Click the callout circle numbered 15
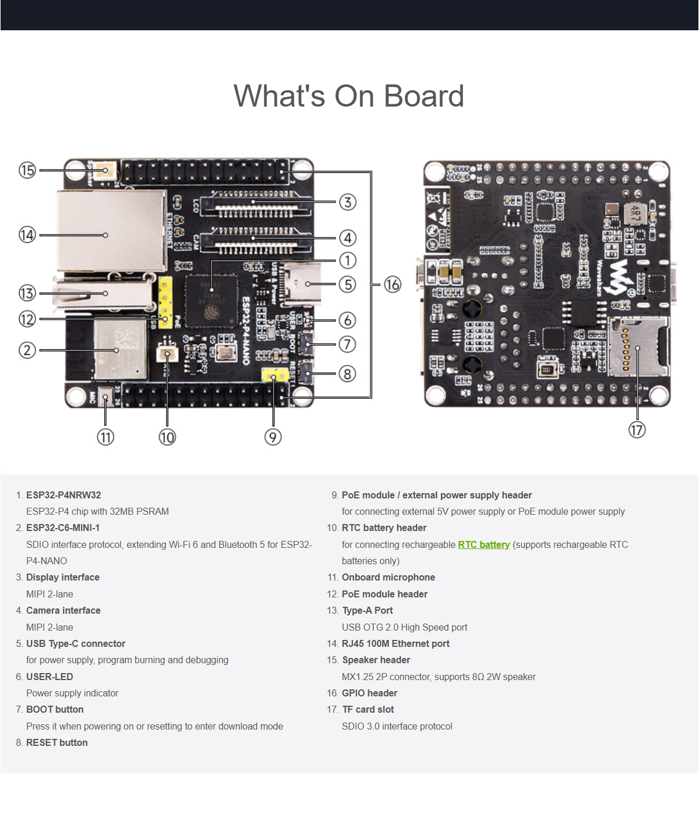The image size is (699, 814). point(27,171)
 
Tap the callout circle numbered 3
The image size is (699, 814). point(348,202)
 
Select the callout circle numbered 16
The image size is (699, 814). point(393,285)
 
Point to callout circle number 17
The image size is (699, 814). point(637,430)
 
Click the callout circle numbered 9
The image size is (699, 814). point(273,437)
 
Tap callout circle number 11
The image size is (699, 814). point(105,437)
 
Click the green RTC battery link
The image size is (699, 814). point(483,545)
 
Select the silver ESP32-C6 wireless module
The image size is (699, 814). point(119,349)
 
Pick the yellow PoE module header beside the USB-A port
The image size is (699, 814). point(165,302)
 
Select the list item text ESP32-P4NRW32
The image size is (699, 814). point(63,496)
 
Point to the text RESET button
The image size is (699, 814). point(57,743)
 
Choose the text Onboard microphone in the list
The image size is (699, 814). point(388,578)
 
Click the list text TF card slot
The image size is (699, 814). point(368,710)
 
